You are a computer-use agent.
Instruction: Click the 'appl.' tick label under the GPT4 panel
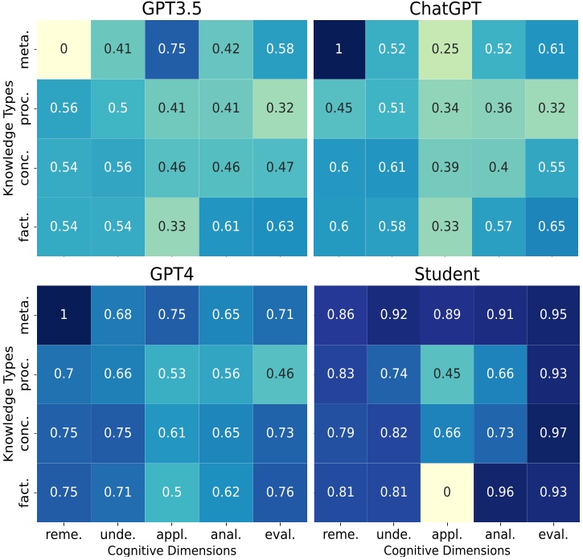[172, 534]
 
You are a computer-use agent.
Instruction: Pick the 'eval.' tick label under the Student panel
[553, 534]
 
